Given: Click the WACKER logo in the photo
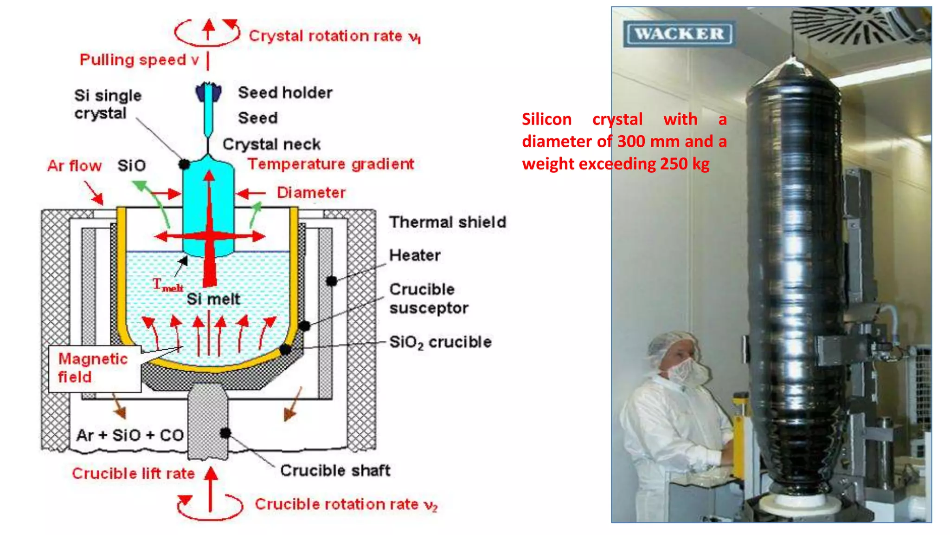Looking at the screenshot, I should point(679,33).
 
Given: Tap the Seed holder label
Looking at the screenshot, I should point(285,92).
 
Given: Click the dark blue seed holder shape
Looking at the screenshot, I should point(208,92).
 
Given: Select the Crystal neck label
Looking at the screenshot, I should point(271,144).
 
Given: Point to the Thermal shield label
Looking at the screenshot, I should point(447,222).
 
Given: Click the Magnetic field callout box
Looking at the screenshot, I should point(95,368).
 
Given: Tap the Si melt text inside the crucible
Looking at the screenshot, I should point(213,299).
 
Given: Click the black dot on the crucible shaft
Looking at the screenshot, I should point(225,433).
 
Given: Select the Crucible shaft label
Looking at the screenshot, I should point(335,470).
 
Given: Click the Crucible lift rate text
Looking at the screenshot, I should point(133,473).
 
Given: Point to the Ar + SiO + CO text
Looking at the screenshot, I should point(130,435).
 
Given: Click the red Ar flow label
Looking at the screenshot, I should point(74,166).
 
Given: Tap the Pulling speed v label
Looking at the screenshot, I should point(139,59).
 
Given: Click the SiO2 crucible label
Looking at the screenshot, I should point(440,342).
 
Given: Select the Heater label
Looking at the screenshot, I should point(414,255).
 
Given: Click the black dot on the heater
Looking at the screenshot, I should point(332,281).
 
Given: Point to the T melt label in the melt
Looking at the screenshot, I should point(167,285).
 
